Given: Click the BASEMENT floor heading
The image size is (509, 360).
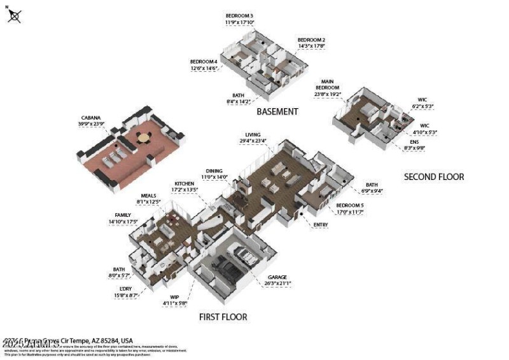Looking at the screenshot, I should pos(277,111).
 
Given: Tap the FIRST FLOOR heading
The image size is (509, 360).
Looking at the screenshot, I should pos(223,317).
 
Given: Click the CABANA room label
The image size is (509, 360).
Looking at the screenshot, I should pos(90,118).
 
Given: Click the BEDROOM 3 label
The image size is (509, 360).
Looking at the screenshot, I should pos(239,15).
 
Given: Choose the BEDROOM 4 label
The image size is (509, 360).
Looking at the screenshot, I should pos(204,62).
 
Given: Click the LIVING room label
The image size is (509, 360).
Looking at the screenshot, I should pos(253,135).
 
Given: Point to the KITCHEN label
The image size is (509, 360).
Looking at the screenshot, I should pos(184,183).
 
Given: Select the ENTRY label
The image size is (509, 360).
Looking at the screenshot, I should pos(321,224).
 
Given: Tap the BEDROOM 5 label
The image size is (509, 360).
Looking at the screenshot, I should pos(349,205).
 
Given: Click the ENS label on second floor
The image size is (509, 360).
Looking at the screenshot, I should pos(414,141).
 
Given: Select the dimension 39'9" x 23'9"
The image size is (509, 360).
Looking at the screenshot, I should pos(90,124).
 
